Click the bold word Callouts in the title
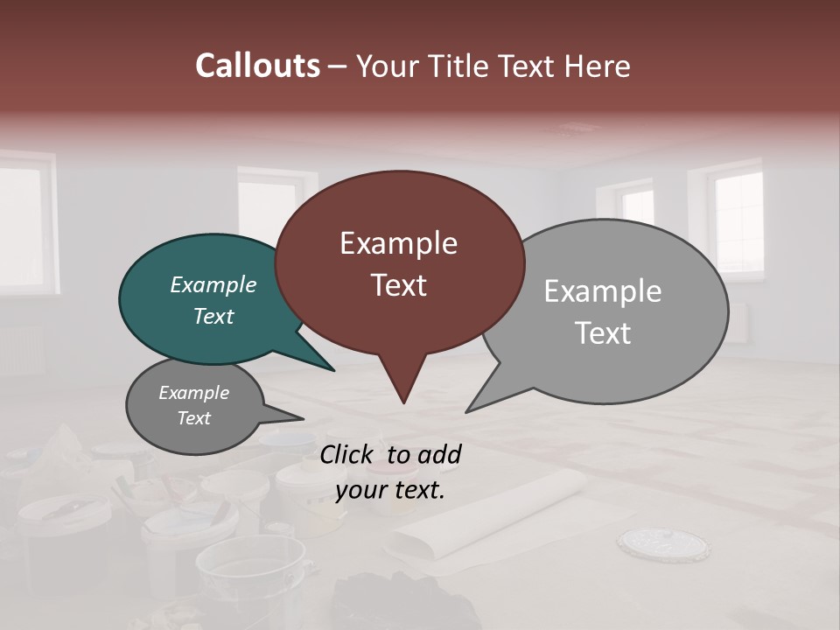(257, 66)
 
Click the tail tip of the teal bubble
(333, 370)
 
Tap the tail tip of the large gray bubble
(467, 411)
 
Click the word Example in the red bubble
(398, 243)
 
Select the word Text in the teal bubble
(213, 316)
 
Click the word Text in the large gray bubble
(603, 332)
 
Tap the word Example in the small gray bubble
(193, 393)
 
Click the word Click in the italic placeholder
(347, 454)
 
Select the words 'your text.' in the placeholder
(389, 490)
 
